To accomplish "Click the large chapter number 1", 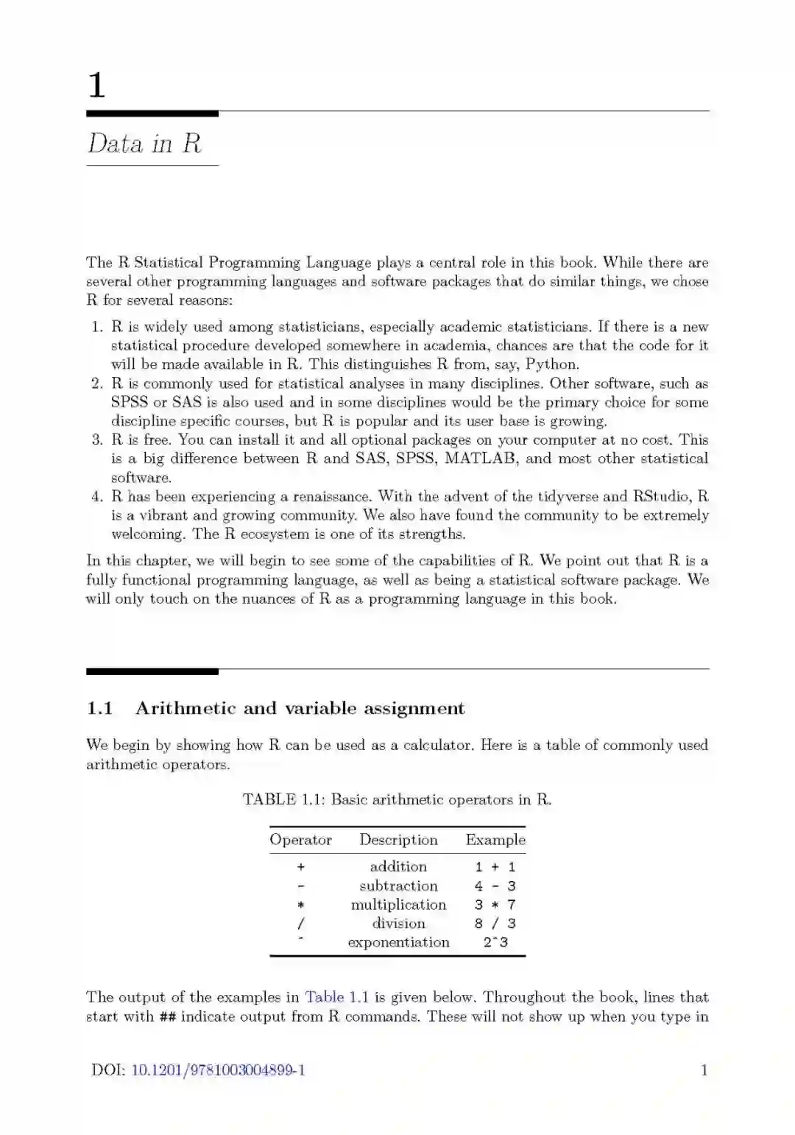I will [x=96, y=85].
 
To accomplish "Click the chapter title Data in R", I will [x=145, y=144].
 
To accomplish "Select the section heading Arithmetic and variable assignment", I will [x=300, y=708].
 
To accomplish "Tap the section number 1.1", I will [x=99, y=708].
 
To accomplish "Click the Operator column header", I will [x=300, y=840].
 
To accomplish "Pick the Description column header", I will [x=398, y=840].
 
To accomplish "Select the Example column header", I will [x=495, y=840].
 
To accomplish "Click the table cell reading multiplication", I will [x=398, y=905].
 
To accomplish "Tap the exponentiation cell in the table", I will [x=398, y=942].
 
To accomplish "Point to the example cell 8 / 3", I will [x=495, y=924].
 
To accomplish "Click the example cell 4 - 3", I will [x=495, y=886].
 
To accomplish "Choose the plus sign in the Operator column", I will [x=300, y=867].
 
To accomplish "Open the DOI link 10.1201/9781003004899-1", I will [x=218, y=1070].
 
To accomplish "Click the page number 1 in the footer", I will [x=704, y=1070].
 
